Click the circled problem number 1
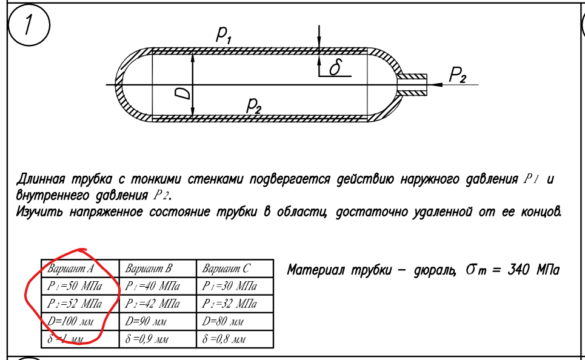pos(28,25)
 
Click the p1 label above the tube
pos(224,35)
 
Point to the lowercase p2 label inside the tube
pos(253,105)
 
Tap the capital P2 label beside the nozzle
pos(458,75)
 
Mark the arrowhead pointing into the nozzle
pos(437,85)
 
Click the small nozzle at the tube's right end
pos(412,85)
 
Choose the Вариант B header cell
pos(158,268)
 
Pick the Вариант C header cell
pos(235,268)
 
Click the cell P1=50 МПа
pos(80,286)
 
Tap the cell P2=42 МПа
pos(158,304)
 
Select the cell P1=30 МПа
pos(235,286)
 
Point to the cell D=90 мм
pos(158,321)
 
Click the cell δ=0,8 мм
pos(235,339)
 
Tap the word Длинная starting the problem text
pos(40,179)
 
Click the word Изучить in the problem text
pos(39,212)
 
